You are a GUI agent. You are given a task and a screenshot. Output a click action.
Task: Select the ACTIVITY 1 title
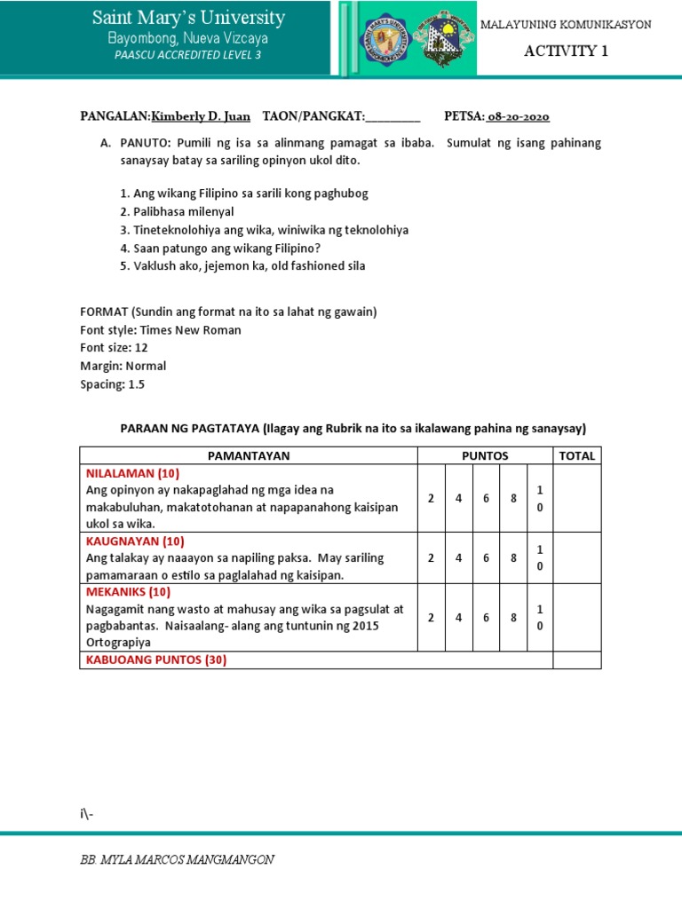point(566,51)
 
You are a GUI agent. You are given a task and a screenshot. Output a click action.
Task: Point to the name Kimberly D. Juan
point(201,116)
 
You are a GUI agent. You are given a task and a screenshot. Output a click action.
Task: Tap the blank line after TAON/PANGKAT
point(393,117)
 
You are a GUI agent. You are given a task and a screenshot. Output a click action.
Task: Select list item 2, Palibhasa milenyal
point(177,211)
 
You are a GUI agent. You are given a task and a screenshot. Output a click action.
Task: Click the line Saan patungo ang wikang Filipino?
point(220,248)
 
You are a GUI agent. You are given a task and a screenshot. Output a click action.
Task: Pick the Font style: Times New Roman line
point(161,330)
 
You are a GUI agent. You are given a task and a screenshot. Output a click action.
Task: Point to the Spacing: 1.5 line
point(112,384)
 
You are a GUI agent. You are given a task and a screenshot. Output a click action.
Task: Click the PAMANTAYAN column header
point(249,455)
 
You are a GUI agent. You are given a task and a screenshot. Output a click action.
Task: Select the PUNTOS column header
point(485,455)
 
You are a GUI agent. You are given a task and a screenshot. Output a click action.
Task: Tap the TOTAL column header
point(576,455)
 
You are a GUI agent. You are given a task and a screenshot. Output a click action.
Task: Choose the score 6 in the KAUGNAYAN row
point(486,557)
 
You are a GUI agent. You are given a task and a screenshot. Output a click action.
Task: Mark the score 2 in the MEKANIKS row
point(431,617)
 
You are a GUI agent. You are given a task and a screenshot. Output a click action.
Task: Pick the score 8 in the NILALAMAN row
point(513,498)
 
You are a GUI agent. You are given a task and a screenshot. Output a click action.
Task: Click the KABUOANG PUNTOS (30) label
point(152,660)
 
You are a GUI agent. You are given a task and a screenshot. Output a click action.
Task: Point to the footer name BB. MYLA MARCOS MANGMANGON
point(177,859)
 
